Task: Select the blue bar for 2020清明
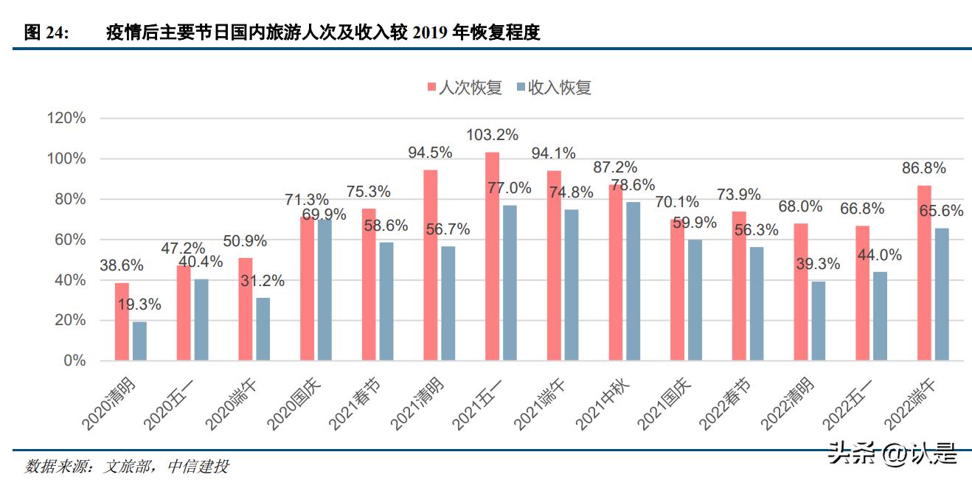click(139, 341)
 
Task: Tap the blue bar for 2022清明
click(817, 321)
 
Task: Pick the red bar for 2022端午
click(923, 273)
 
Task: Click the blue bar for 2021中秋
click(632, 281)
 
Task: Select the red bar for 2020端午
click(246, 309)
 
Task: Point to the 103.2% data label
click(492, 135)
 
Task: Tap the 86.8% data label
click(923, 169)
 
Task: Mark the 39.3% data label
click(818, 263)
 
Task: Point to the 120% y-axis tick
click(66, 119)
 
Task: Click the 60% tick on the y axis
click(69, 240)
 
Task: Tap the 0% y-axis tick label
click(74, 361)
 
